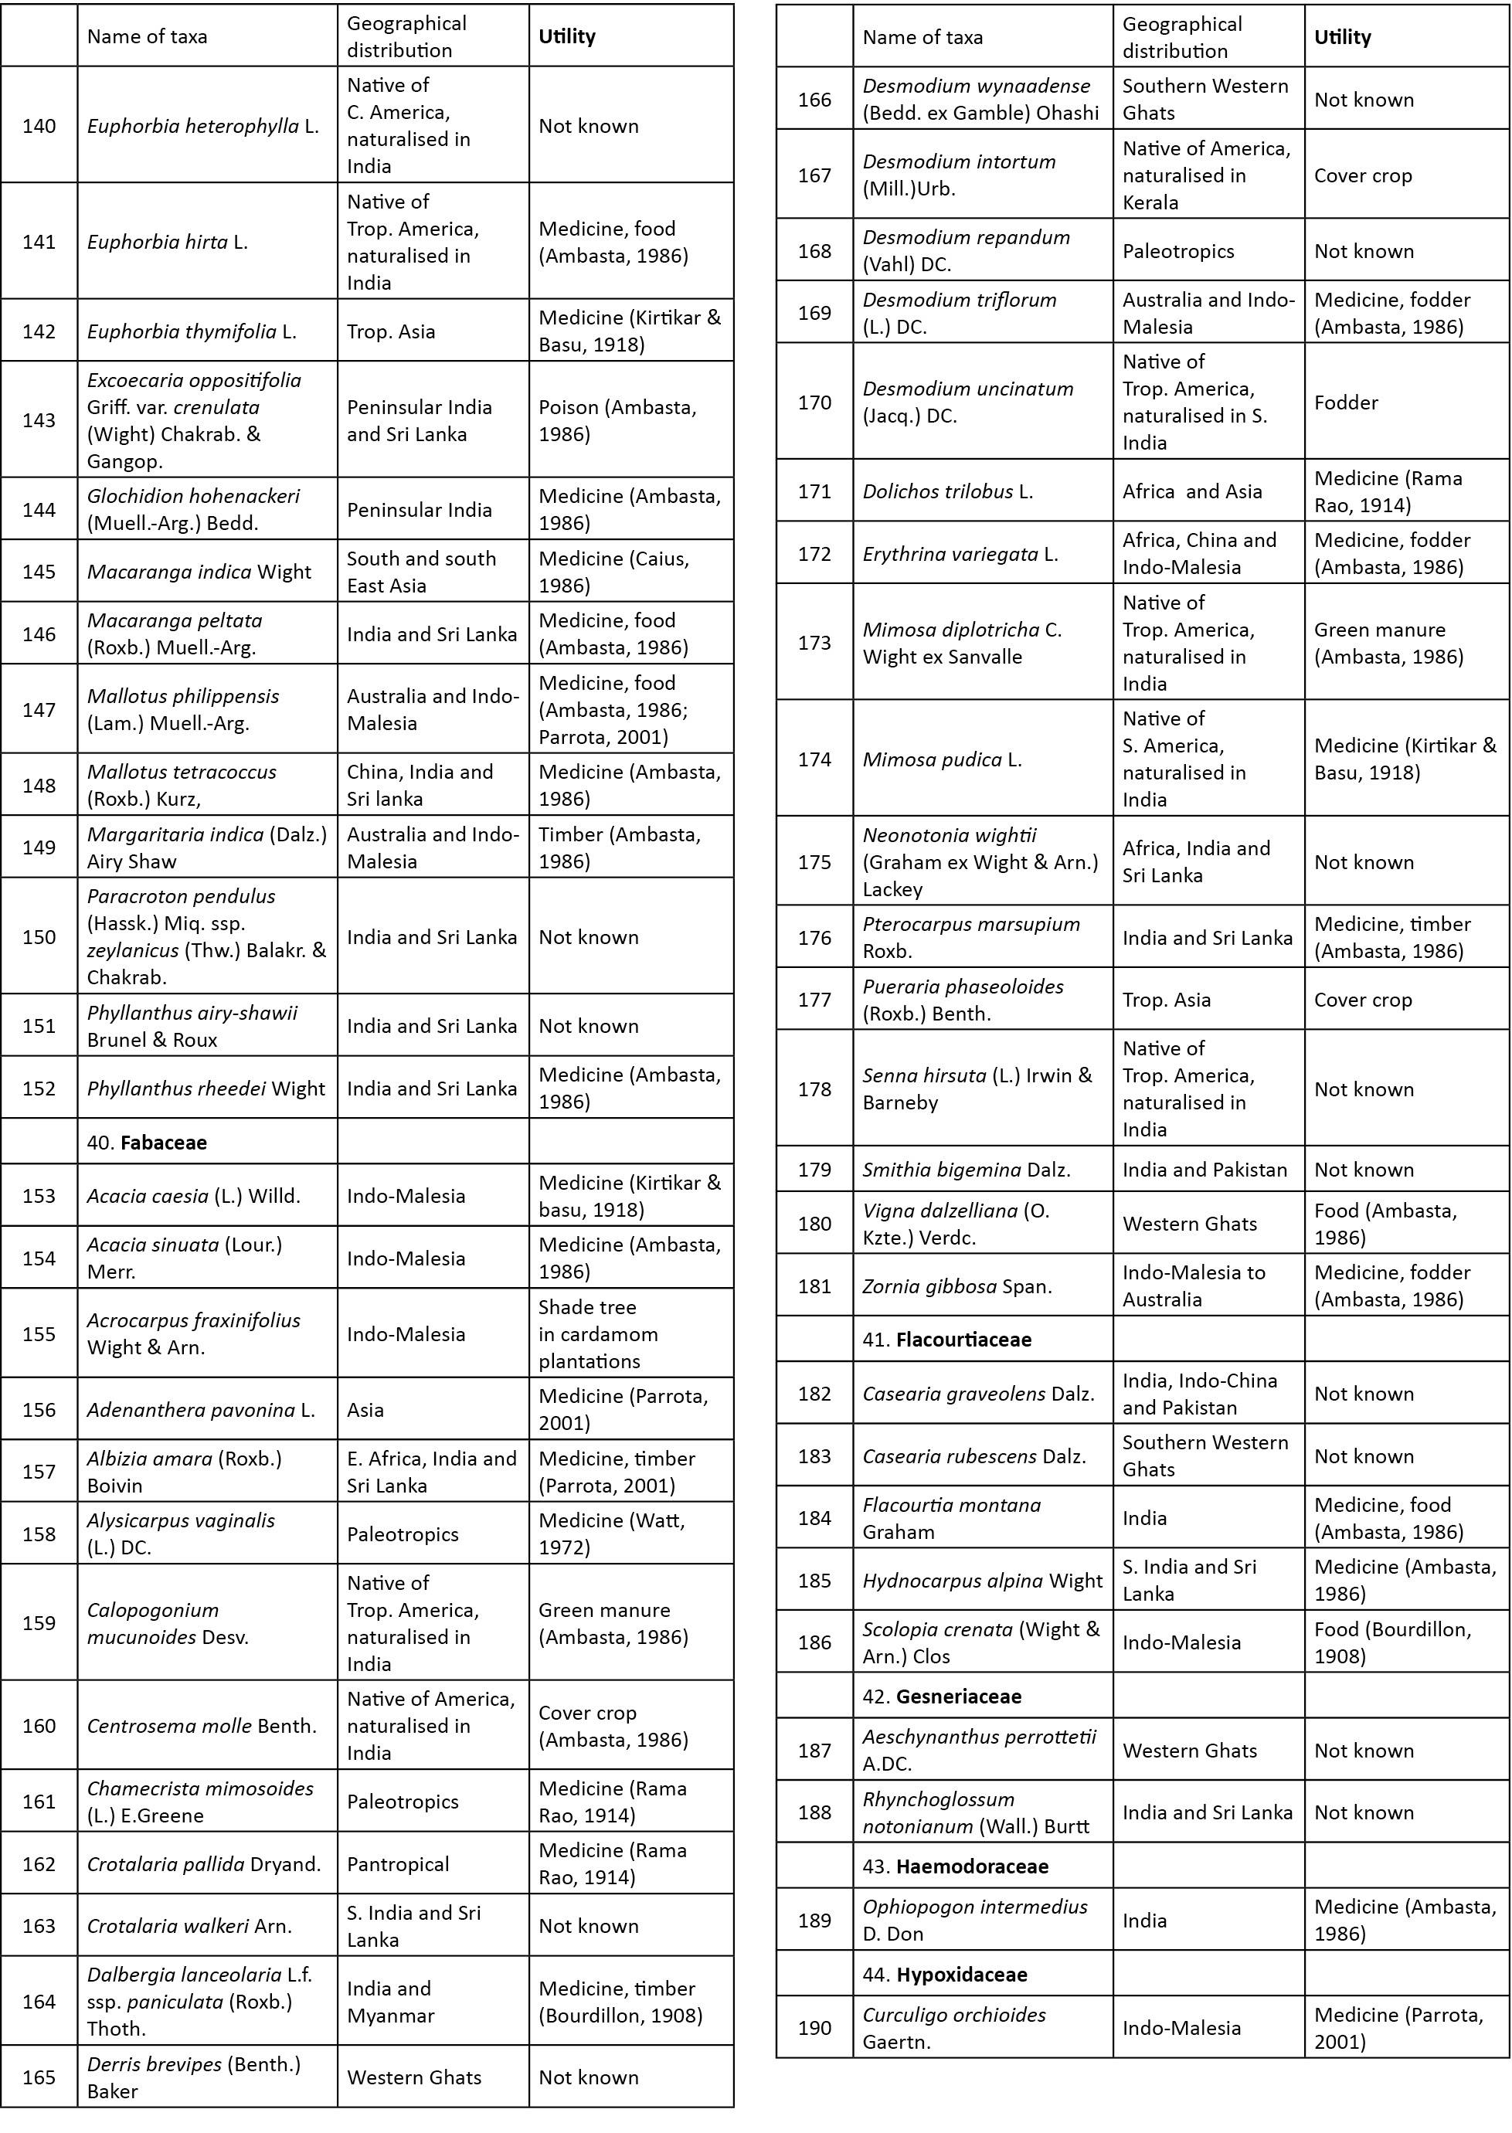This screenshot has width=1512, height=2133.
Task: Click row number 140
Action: (x=39, y=126)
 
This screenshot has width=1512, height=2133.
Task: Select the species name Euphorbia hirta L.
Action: (x=168, y=242)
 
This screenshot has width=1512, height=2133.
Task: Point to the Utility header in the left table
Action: (x=567, y=36)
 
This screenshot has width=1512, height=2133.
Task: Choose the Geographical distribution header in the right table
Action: (x=1181, y=37)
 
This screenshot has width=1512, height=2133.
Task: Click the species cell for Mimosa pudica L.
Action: (x=943, y=759)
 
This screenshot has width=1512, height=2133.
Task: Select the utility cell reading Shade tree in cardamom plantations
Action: (x=598, y=1334)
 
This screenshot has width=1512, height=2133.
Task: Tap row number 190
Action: (x=814, y=2028)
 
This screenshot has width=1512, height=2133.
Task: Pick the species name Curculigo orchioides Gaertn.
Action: (x=954, y=2028)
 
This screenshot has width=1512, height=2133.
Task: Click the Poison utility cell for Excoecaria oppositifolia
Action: (x=617, y=421)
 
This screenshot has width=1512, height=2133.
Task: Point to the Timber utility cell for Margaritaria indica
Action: (x=619, y=847)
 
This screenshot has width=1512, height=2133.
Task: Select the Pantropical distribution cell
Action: (x=398, y=1864)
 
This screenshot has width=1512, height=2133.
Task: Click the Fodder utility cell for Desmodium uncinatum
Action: (x=1347, y=402)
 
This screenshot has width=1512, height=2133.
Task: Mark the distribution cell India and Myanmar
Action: (x=389, y=2002)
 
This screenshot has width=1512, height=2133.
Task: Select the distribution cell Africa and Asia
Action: (x=1191, y=491)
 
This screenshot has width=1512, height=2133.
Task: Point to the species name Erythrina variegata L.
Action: (x=960, y=554)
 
